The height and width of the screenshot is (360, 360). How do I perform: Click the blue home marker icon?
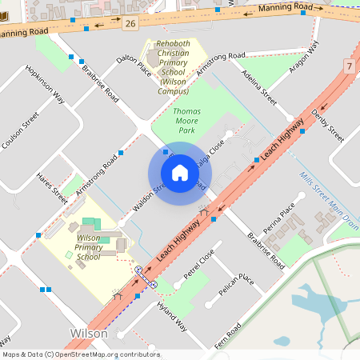[x=180, y=173]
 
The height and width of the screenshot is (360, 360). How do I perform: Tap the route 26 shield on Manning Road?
[x=130, y=24]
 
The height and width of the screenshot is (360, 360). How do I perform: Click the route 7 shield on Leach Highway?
[x=350, y=66]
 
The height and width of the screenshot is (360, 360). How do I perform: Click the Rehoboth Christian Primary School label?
[x=174, y=68]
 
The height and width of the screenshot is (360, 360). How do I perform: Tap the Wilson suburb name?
[x=89, y=332]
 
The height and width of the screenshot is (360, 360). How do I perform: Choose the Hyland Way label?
[x=171, y=316]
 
